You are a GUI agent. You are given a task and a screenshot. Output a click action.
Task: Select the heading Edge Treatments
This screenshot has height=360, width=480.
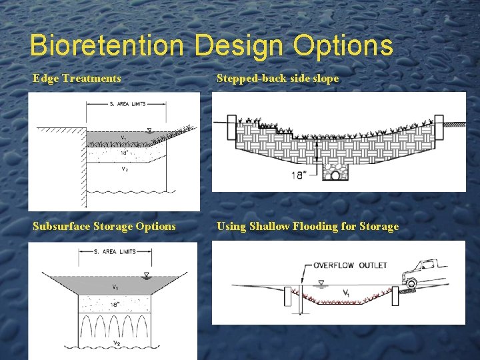click(x=77, y=79)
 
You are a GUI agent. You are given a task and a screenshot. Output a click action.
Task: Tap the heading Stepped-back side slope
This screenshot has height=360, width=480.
click(x=278, y=79)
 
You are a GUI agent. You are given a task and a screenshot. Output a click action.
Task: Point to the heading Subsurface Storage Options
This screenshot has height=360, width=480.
click(x=105, y=226)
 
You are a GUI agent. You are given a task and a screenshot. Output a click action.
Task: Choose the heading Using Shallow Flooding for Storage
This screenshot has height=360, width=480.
click(x=308, y=226)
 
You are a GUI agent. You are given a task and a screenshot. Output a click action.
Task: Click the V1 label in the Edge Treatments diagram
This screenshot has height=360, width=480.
click(x=123, y=138)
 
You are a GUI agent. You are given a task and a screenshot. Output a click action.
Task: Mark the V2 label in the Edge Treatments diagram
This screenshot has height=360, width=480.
click(x=123, y=169)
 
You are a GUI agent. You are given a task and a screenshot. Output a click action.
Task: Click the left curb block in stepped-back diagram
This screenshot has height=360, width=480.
click(x=232, y=128)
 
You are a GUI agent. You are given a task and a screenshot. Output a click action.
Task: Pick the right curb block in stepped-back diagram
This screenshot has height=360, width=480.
click(x=439, y=128)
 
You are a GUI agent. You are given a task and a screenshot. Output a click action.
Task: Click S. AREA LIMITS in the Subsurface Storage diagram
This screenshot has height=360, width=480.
click(x=115, y=251)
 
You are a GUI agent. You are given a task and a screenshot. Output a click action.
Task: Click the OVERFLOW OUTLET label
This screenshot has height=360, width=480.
click(x=351, y=265)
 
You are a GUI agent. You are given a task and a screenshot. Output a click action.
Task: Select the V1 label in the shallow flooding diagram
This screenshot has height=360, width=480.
click(x=346, y=293)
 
